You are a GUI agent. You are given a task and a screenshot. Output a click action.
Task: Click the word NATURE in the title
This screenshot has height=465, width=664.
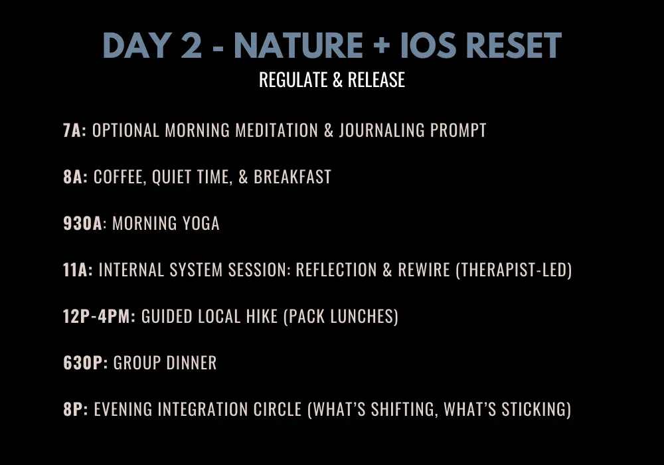tap(299, 45)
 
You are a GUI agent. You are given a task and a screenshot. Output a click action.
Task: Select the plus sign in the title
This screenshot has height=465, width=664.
tap(382, 45)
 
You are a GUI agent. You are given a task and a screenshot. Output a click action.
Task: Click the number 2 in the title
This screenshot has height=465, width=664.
tap(191, 45)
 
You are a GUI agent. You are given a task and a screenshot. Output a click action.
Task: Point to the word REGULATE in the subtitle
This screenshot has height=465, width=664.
tap(293, 80)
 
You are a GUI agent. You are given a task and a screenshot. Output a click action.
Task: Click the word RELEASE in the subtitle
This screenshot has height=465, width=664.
tap(376, 80)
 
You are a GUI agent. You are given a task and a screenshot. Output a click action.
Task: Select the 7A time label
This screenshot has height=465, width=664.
tap(74, 130)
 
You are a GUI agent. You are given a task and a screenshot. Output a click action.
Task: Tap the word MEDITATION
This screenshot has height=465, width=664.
tap(276, 130)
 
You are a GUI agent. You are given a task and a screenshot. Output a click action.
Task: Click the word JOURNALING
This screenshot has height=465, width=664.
tap(382, 130)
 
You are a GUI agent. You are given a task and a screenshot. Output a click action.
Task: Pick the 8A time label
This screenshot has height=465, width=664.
tap(76, 177)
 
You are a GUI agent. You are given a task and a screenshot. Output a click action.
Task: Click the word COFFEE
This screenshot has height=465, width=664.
tap(120, 177)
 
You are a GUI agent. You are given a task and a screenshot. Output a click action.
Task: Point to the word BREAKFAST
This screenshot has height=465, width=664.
tap(292, 177)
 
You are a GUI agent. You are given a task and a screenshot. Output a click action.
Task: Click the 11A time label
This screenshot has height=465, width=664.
tap(78, 270)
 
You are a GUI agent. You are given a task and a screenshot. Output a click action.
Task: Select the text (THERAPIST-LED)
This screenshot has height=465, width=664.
tap(514, 270)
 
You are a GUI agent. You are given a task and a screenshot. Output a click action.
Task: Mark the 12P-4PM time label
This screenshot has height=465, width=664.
tap(99, 316)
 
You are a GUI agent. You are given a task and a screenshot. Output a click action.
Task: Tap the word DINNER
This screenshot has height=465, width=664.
tap(191, 363)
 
